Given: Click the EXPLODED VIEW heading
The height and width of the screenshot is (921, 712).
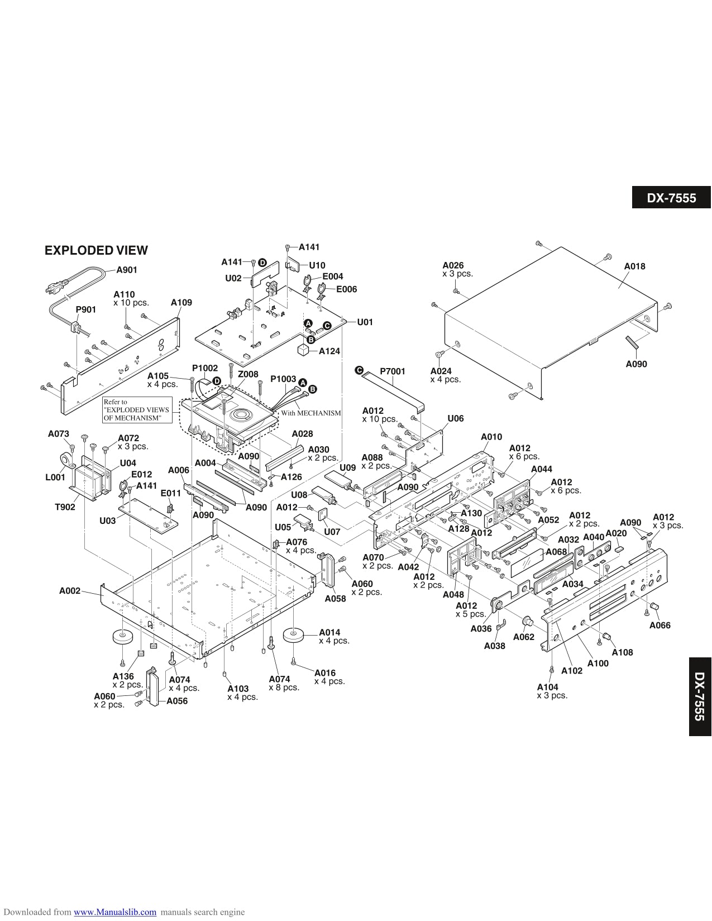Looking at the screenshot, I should click(96, 250).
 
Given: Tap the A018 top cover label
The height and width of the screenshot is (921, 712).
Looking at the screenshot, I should click(634, 266).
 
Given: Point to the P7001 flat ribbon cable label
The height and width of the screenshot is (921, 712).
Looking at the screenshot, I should click(392, 371).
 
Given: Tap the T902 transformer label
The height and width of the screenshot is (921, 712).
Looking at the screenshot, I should click(65, 507).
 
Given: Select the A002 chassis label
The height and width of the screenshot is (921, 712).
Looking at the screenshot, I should click(70, 590).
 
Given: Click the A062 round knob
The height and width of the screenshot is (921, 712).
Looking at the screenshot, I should click(527, 622).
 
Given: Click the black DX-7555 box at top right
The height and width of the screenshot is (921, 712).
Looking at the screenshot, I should click(671, 198).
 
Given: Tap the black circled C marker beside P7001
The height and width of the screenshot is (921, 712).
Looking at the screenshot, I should click(359, 370).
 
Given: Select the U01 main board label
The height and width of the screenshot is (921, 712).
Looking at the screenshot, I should click(365, 322).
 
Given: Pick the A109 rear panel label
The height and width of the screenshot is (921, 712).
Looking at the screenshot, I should click(181, 302).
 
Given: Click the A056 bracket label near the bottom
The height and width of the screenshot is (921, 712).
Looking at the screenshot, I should click(177, 701).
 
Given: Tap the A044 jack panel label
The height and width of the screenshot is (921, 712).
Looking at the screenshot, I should click(541, 469).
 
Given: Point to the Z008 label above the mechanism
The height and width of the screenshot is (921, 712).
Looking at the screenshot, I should click(248, 375).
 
